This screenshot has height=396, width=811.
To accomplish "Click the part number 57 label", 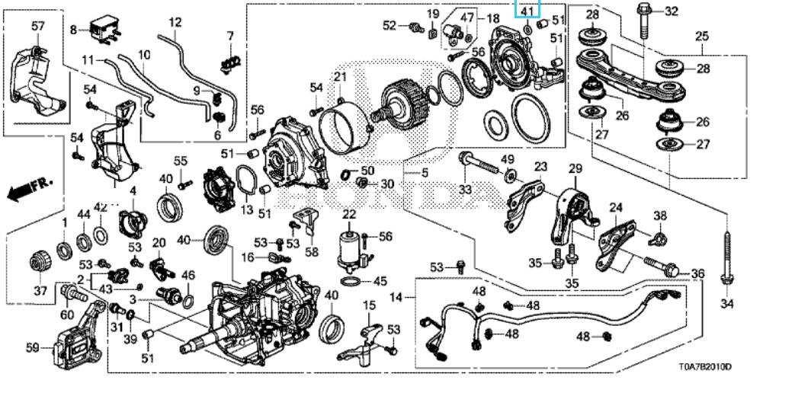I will point(38,27).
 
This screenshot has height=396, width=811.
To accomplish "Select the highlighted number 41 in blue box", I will point(527,11).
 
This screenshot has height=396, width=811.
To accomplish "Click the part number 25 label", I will point(701,36).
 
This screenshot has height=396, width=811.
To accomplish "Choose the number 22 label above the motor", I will point(349,215).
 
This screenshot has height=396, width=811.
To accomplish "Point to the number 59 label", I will point(31,349).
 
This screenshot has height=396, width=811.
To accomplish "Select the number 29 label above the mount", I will point(574,168).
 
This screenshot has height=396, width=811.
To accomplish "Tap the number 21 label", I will point(339,76).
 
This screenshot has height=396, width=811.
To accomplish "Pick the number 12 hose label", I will point(175,23).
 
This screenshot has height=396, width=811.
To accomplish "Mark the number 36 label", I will point(697,273).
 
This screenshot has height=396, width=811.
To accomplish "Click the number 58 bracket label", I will point(311,251).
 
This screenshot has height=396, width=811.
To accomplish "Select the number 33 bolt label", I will point(464,190).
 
